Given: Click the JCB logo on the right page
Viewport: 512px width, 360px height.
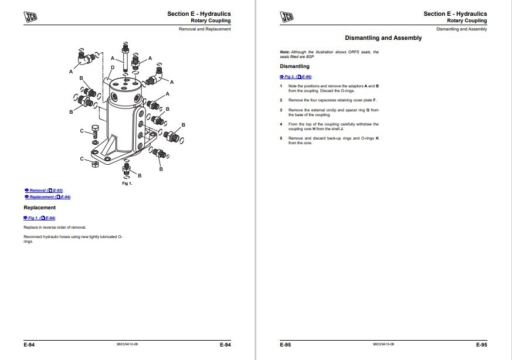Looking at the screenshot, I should pyautogui.click(x=287, y=17).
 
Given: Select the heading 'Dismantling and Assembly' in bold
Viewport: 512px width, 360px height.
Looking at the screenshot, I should pyautogui.click(x=383, y=38).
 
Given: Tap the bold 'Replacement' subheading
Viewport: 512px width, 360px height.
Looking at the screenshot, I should pyautogui.click(x=39, y=208).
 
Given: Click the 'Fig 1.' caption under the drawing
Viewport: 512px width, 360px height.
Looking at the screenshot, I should pyautogui.click(x=127, y=184).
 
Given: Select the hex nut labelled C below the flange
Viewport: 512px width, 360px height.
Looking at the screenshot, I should pyautogui.click(x=95, y=164).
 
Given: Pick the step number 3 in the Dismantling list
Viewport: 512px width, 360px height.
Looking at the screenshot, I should pyautogui.click(x=282, y=110).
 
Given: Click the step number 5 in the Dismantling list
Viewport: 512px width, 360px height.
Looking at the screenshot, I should pyautogui.click(x=282, y=138).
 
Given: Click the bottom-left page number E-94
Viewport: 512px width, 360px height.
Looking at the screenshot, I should pyautogui.click(x=29, y=345).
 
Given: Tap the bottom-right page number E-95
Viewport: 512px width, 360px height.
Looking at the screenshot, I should pyautogui.click(x=482, y=345).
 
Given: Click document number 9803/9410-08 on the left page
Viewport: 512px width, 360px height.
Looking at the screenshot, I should pyautogui.click(x=127, y=345).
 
